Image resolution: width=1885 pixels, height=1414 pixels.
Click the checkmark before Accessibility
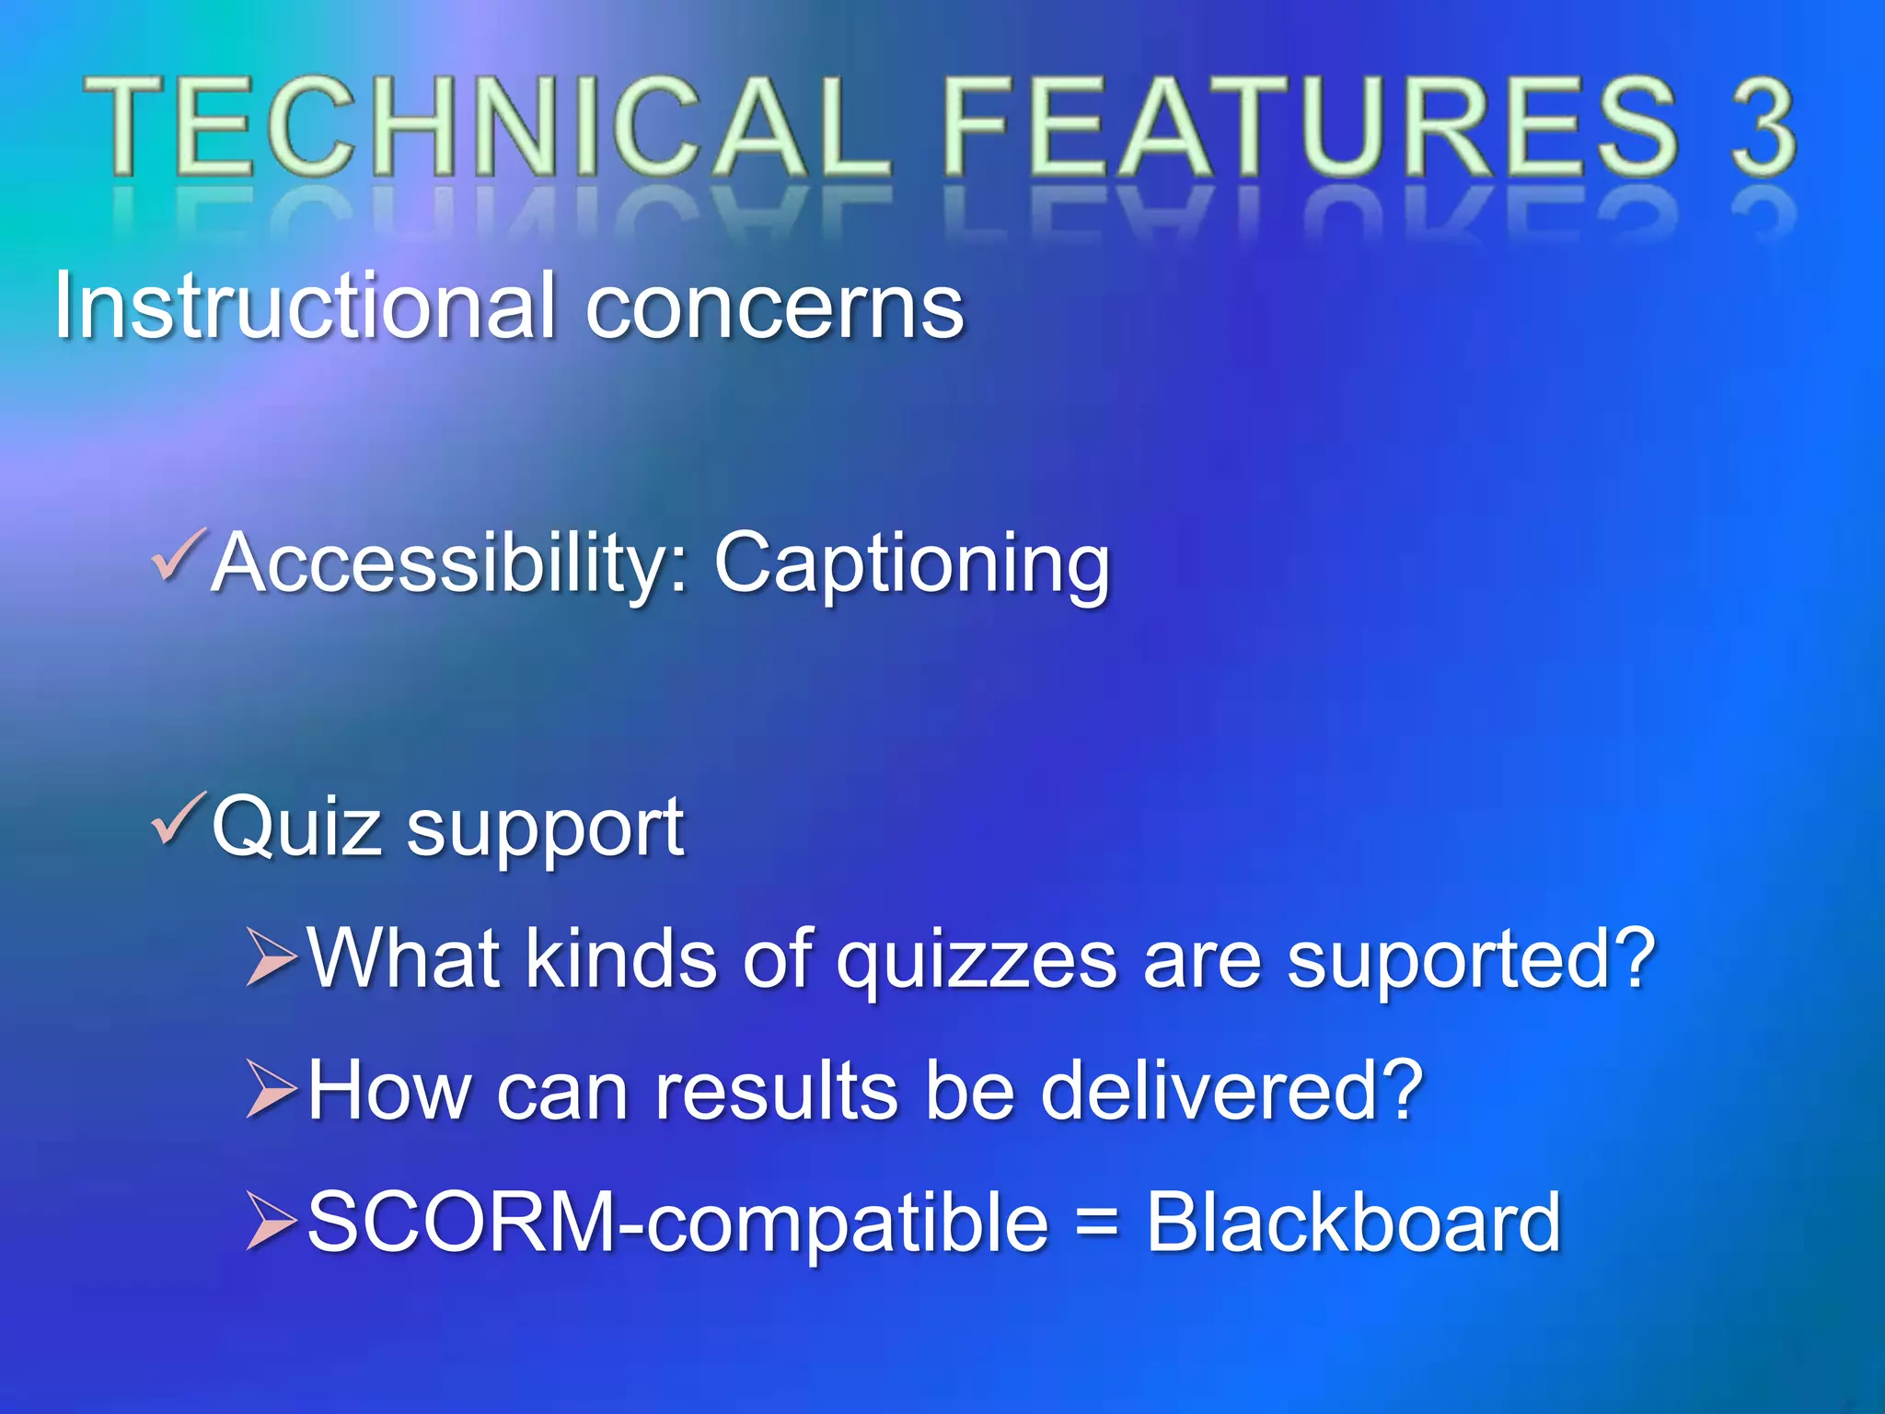[x=177, y=555]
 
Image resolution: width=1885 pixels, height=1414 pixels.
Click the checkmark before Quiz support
[x=177, y=818]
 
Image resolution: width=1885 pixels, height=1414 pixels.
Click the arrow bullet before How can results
[x=272, y=1089]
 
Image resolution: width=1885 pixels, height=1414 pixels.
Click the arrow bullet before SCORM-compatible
[x=272, y=1221]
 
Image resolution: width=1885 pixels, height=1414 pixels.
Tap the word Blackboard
[x=1353, y=1223]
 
